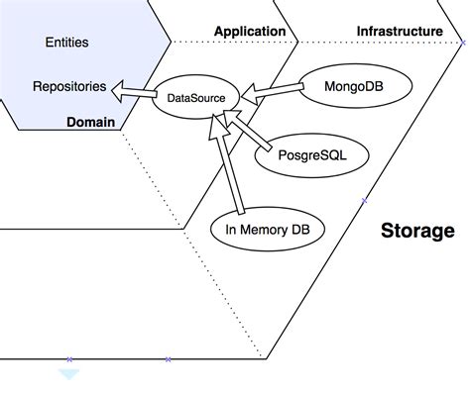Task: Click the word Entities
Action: point(66,43)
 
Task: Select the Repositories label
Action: point(68,86)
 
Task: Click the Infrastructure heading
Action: point(399,32)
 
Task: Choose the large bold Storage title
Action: point(417,231)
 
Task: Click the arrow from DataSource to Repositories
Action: point(134,93)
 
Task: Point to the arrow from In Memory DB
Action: point(233,163)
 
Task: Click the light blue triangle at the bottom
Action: point(69,373)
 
